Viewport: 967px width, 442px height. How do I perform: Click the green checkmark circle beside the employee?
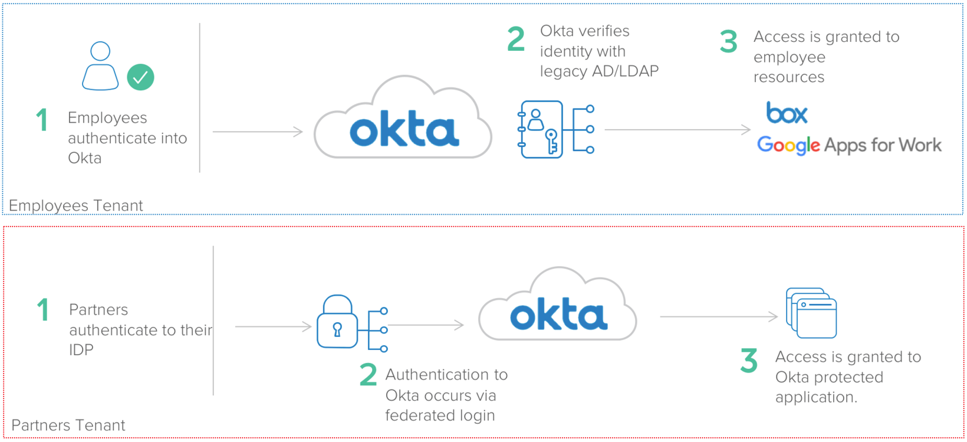[x=140, y=77]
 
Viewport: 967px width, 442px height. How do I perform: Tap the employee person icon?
[x=100, y=66]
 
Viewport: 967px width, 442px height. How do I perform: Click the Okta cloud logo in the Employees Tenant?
[x=403, y=121]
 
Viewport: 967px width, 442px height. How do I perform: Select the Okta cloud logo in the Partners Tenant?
[x=558, y=307]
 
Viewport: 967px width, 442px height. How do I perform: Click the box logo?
[x=787, y=113]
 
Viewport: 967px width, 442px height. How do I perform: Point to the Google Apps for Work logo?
[x=849, y=145]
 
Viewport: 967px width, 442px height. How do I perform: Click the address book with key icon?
[x=541, y=129]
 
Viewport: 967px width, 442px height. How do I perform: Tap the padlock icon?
[x=337, y=322]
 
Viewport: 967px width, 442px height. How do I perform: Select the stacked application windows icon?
[x=811, y=313]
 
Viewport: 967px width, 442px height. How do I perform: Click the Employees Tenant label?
[x=75, y=205]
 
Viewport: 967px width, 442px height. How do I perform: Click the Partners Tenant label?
[x=68, y=425]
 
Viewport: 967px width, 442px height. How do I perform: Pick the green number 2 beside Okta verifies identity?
[x=516, y=40]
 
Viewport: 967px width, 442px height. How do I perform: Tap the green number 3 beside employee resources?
[x=729, y=41]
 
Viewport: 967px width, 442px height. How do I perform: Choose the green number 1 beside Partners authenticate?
[x=42, y=310]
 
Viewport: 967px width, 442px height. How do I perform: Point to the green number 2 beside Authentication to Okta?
[x=369, y=375]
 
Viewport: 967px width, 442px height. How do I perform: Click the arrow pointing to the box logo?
[x=678, y=130]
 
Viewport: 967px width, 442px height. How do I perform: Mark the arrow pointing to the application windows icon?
[x=719, y=317]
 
